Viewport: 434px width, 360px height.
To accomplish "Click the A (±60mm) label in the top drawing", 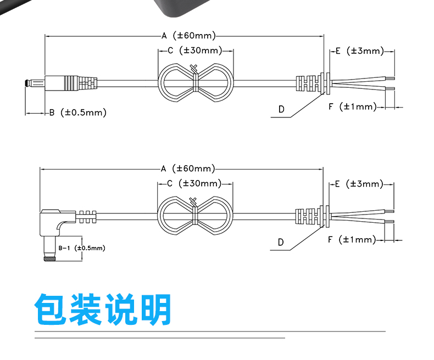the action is pyautogui.click(x=188, y=36).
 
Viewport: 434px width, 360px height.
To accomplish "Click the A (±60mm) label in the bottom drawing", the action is pyautogui.click(x=188, y=168).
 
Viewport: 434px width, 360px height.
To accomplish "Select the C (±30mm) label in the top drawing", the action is pyautogui.click(x=195, y=50).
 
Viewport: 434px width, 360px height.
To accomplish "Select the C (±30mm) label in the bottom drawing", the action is pyautogui.click(x=194, y=183).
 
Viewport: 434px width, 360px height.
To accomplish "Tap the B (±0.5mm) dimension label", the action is pyautogui.click(x=78, y=113).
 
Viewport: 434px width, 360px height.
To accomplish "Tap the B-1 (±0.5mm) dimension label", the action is pyautogui.click(x=82, y=248).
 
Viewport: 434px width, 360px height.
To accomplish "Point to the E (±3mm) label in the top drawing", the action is pyautogui.click(x=360, y=51).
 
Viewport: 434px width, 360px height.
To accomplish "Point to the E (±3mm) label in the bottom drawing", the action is pyautogui.click(x=359, y=184).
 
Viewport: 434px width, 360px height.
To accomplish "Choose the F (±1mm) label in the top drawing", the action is pyautogui.click(x=353, y=106).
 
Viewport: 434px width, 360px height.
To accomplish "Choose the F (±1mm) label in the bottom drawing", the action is pyautogui.click(x=352, y=239).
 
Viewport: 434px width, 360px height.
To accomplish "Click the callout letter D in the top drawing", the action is pyautogui.click(x=281, y=110).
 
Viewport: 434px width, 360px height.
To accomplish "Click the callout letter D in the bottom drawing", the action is pyautogui.click(x=281, y=243).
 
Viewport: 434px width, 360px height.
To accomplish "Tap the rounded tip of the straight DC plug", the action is pyautogui.click(x=26, y=83).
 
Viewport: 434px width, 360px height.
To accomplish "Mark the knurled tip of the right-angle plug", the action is pyautogui.click(x=49, y=258).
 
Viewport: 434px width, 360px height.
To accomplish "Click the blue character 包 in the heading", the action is pyautogui.click(x=51, y=309).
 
